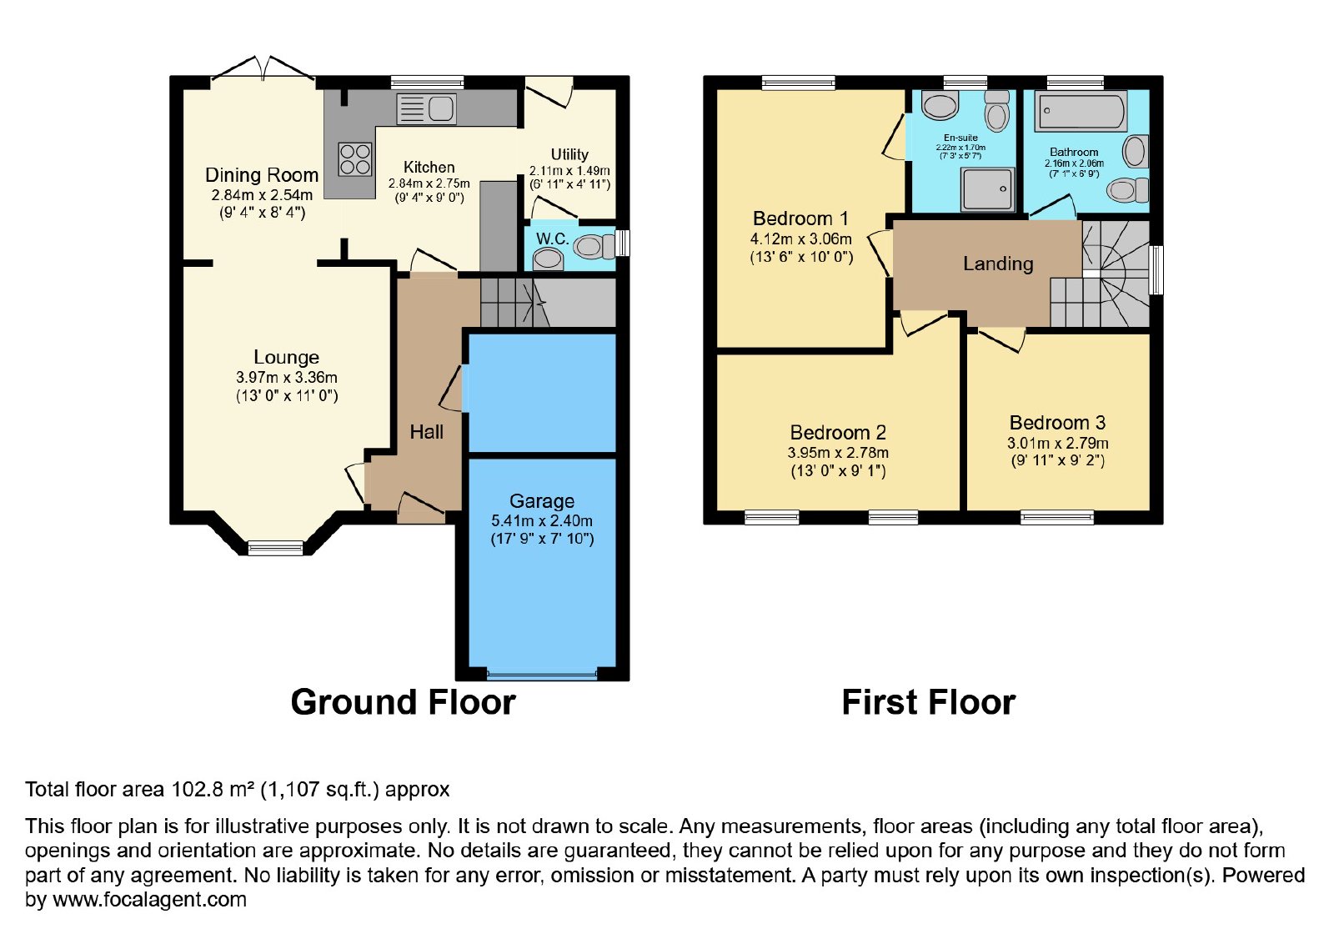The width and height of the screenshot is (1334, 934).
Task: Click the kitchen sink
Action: coord(426,109)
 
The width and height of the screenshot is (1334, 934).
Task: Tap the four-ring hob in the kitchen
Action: coord(355,159)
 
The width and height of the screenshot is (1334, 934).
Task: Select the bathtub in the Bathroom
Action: coord(1081,112)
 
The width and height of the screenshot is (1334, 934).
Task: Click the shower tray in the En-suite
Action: coord(988,189)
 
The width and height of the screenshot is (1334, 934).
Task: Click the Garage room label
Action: coord(541,501)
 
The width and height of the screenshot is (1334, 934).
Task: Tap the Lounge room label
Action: coord(287,357)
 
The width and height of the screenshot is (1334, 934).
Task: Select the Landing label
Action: coord(998,264)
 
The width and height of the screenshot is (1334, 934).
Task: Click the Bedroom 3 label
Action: coord(1057,422)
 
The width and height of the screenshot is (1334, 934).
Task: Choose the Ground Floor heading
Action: coord(404,702)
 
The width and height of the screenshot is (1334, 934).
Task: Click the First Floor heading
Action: coord(929,702)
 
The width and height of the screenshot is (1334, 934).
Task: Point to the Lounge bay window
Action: coord(275,548)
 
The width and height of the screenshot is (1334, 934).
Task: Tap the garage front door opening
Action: coord(541,676)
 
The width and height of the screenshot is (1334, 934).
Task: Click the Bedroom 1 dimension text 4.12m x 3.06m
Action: coord(800,239)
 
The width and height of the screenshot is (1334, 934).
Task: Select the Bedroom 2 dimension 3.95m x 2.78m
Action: coord(838,452)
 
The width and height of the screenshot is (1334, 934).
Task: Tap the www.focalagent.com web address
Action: coord(149,899)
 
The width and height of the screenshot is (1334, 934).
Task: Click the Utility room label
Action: coord(569,154)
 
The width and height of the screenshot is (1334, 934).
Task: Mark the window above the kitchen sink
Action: coord(427,83)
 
